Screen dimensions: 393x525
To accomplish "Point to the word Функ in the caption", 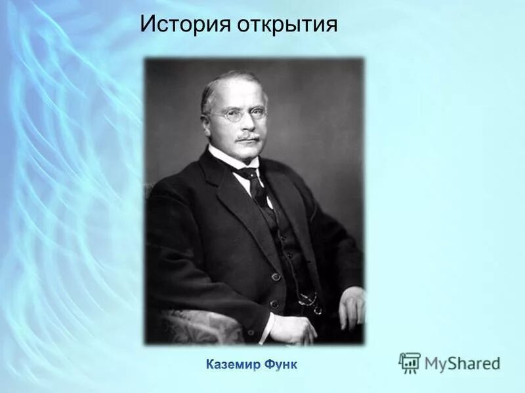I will pos(282,364).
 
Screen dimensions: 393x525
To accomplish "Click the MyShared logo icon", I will pos(409,362).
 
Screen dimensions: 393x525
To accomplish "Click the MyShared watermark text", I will pos(462,363).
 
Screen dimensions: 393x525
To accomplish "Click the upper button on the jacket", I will pos(276,276).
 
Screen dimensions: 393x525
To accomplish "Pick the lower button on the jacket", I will pos(274,304).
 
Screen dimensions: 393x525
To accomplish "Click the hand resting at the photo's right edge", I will pos(352,307).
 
